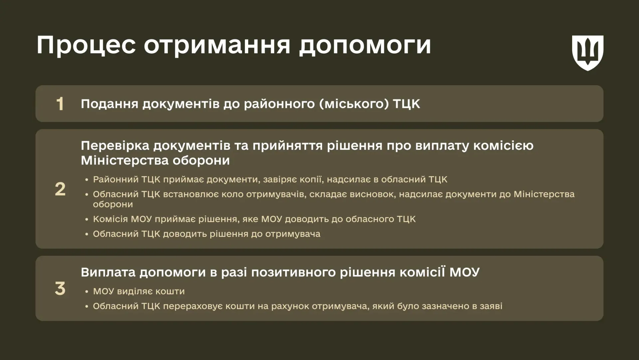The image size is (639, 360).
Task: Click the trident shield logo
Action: tap(587, 53)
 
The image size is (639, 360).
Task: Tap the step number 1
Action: tap(60, 104)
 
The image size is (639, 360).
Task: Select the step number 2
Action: tap(60, 189)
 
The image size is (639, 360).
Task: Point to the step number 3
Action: tap(60, 288)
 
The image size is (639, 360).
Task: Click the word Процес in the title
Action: tap(86, 45)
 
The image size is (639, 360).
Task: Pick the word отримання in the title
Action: tap(217, 45)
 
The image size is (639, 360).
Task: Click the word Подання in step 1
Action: tap(109, 104)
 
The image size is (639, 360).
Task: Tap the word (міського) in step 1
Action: tap(354, 104)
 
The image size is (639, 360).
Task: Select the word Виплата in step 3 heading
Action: tap(108, 272)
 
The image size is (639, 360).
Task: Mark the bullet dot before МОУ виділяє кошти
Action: tap(87, 292)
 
